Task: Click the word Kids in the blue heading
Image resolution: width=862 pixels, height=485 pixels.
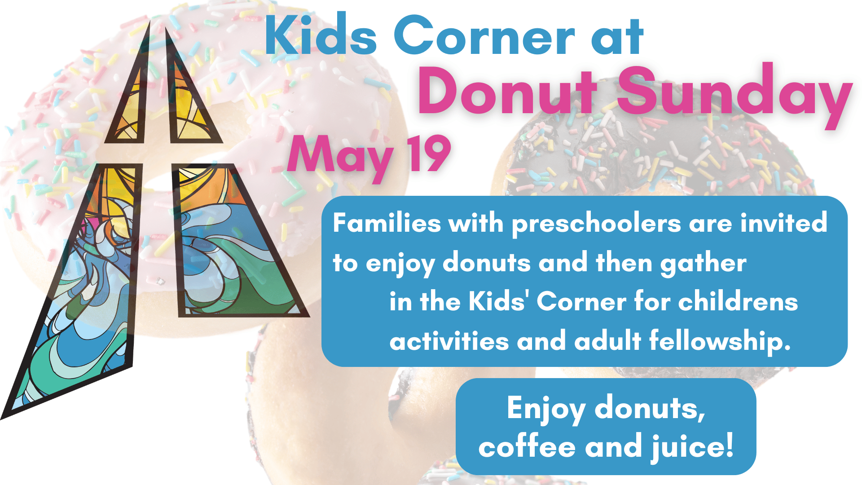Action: point(321,35)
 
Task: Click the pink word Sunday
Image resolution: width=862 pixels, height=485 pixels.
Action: point(734,96)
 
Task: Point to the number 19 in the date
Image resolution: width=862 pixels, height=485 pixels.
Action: point(429,154)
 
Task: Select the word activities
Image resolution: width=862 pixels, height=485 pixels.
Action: point(449,341)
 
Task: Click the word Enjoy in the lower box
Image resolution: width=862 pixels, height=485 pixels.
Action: point(546,409)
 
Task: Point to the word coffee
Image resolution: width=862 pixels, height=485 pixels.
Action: point(527,446)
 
